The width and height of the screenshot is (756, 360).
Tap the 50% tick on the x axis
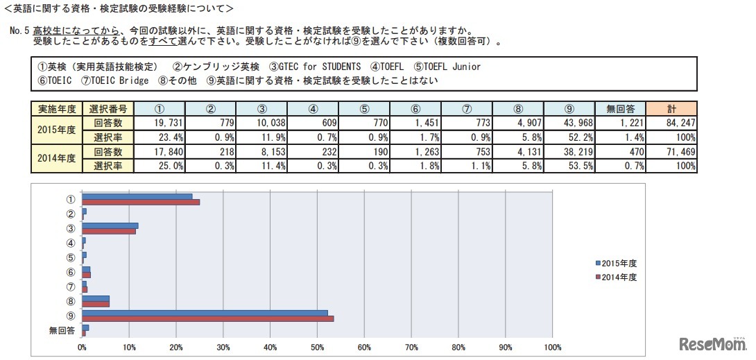(x=317, y=347)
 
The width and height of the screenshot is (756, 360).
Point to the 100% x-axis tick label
(x=551, y=347)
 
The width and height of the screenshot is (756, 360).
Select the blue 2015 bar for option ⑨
(x=205, y=313)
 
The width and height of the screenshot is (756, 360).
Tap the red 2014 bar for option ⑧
(x=96, y=304)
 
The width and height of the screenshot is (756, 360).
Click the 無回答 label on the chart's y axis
(x=62, y=330)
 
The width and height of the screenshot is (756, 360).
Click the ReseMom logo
(x=711, y=344)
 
